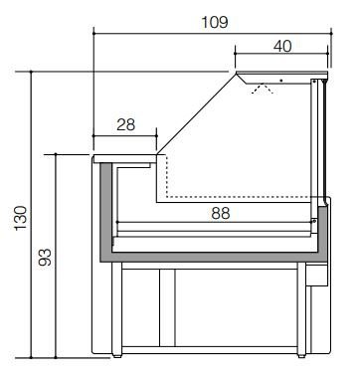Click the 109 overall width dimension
215,22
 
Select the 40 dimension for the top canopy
282,46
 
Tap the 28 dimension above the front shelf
126,125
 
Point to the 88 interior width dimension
221,213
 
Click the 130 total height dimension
21,218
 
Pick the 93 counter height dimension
45,258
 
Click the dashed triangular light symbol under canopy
263,89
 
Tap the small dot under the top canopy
281,81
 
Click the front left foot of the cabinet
116,356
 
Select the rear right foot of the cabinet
301,356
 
